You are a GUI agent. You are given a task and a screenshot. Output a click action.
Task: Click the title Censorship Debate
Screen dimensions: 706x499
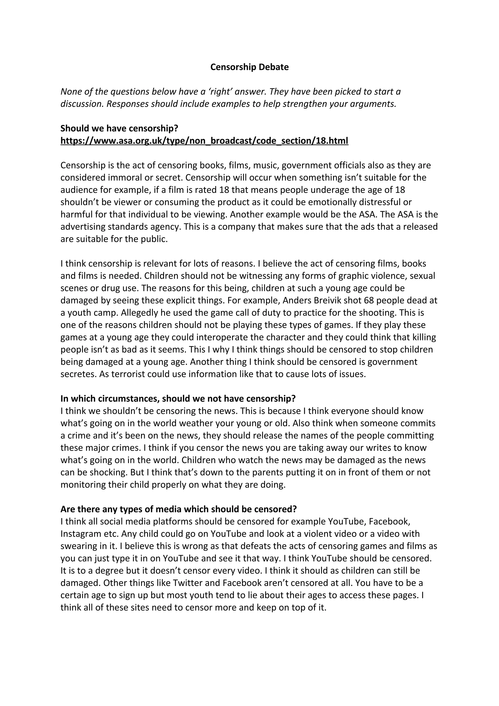[x=249, y=67]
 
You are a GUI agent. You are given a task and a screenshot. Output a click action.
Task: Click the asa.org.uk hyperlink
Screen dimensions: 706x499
[x=204, y=141]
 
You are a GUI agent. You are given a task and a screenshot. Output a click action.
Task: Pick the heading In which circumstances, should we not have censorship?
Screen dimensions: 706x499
[x=178, y=399]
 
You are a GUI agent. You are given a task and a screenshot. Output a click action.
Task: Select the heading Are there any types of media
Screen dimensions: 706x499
[x=178, y=509]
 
